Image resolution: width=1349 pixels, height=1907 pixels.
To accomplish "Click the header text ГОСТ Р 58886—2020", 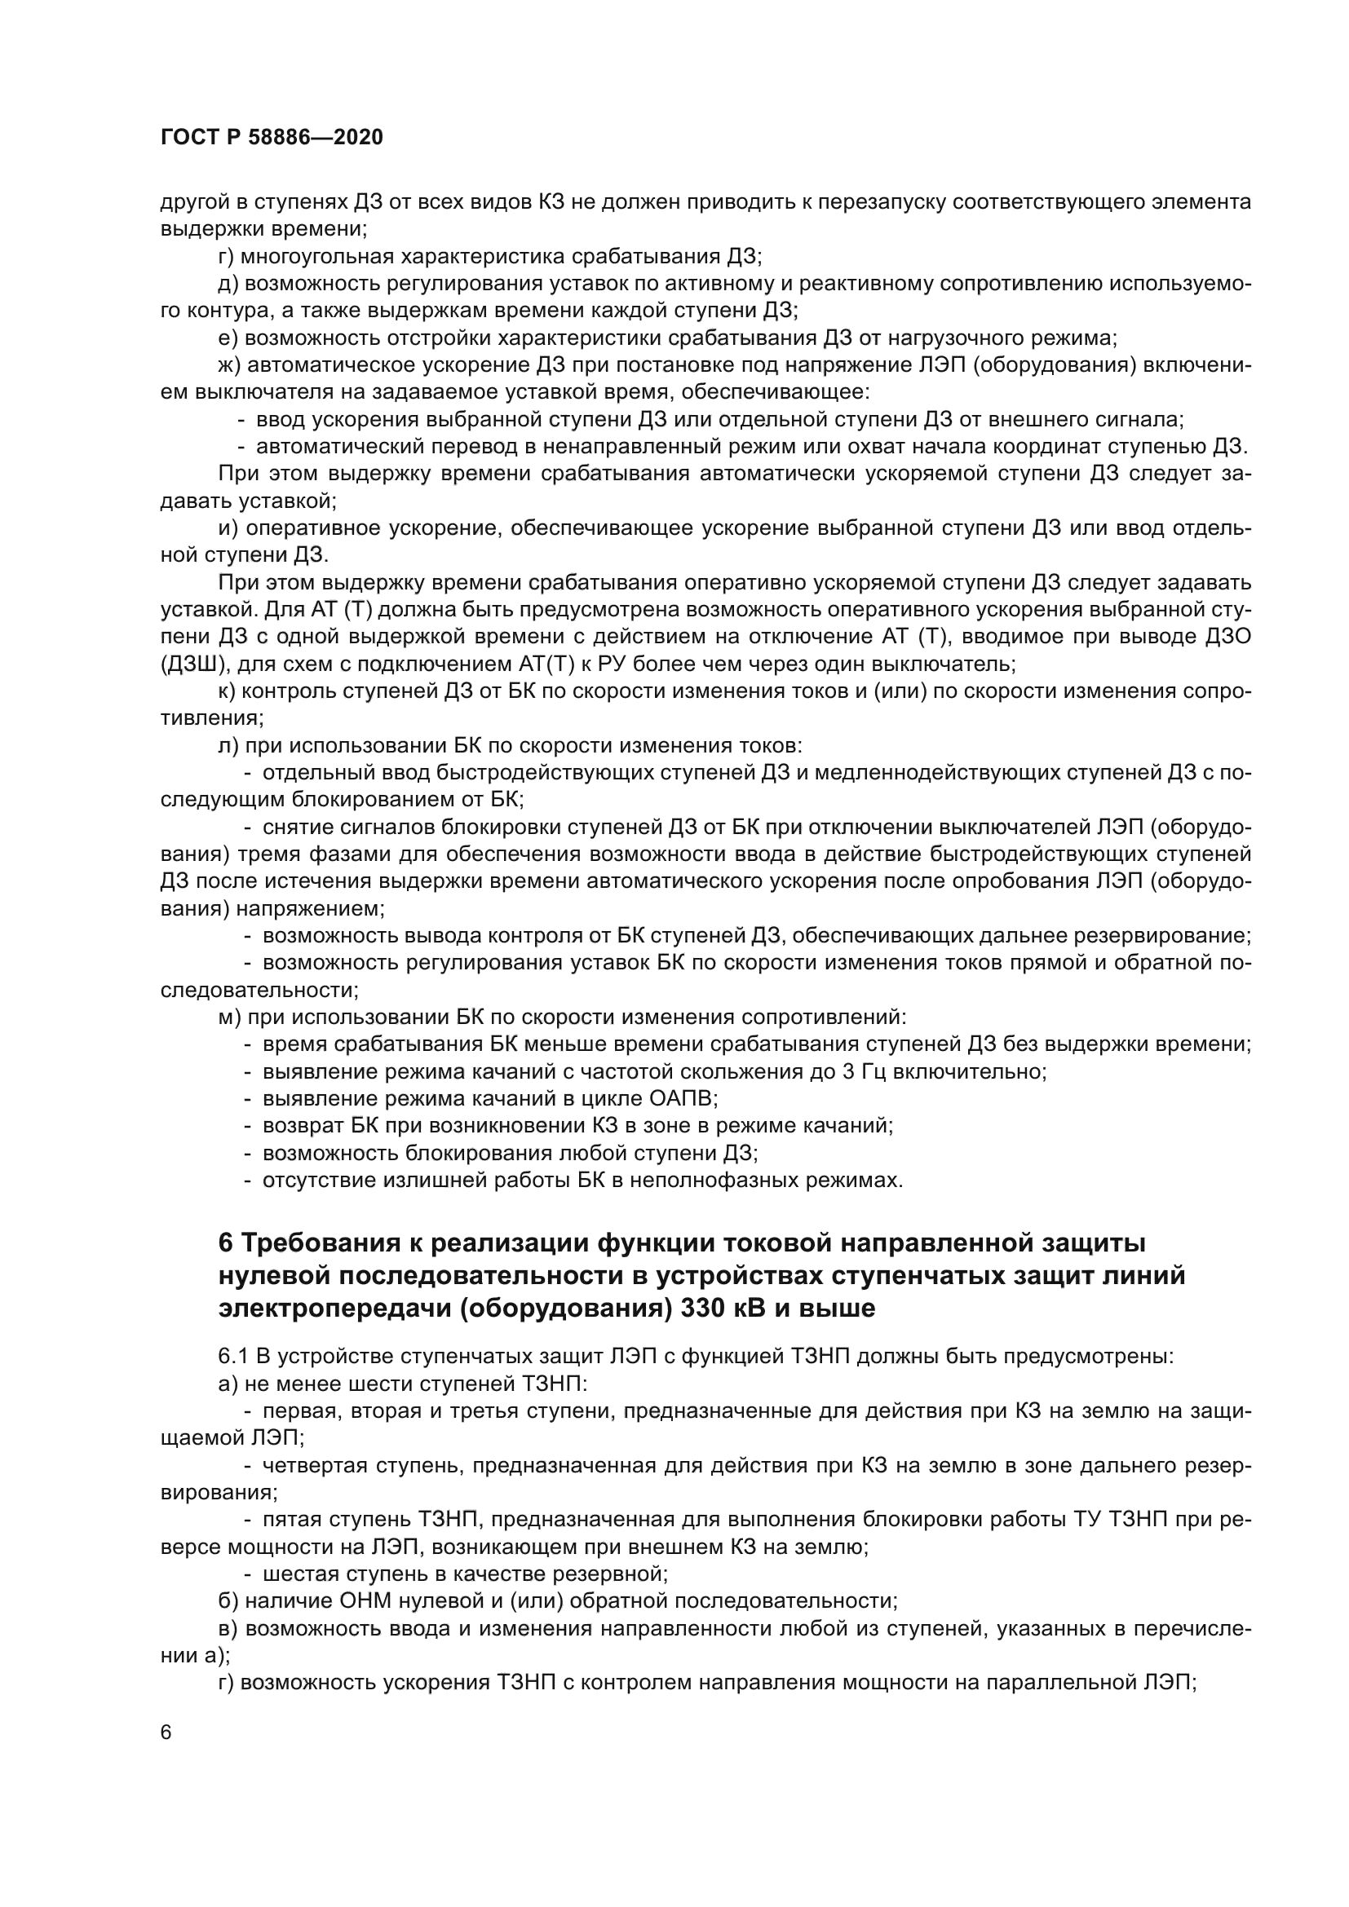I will [272, 138].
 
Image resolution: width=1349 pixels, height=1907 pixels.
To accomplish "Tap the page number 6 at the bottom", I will [166, 1733].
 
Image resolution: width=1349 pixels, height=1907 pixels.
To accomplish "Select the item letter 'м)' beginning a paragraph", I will [229, 1017].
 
